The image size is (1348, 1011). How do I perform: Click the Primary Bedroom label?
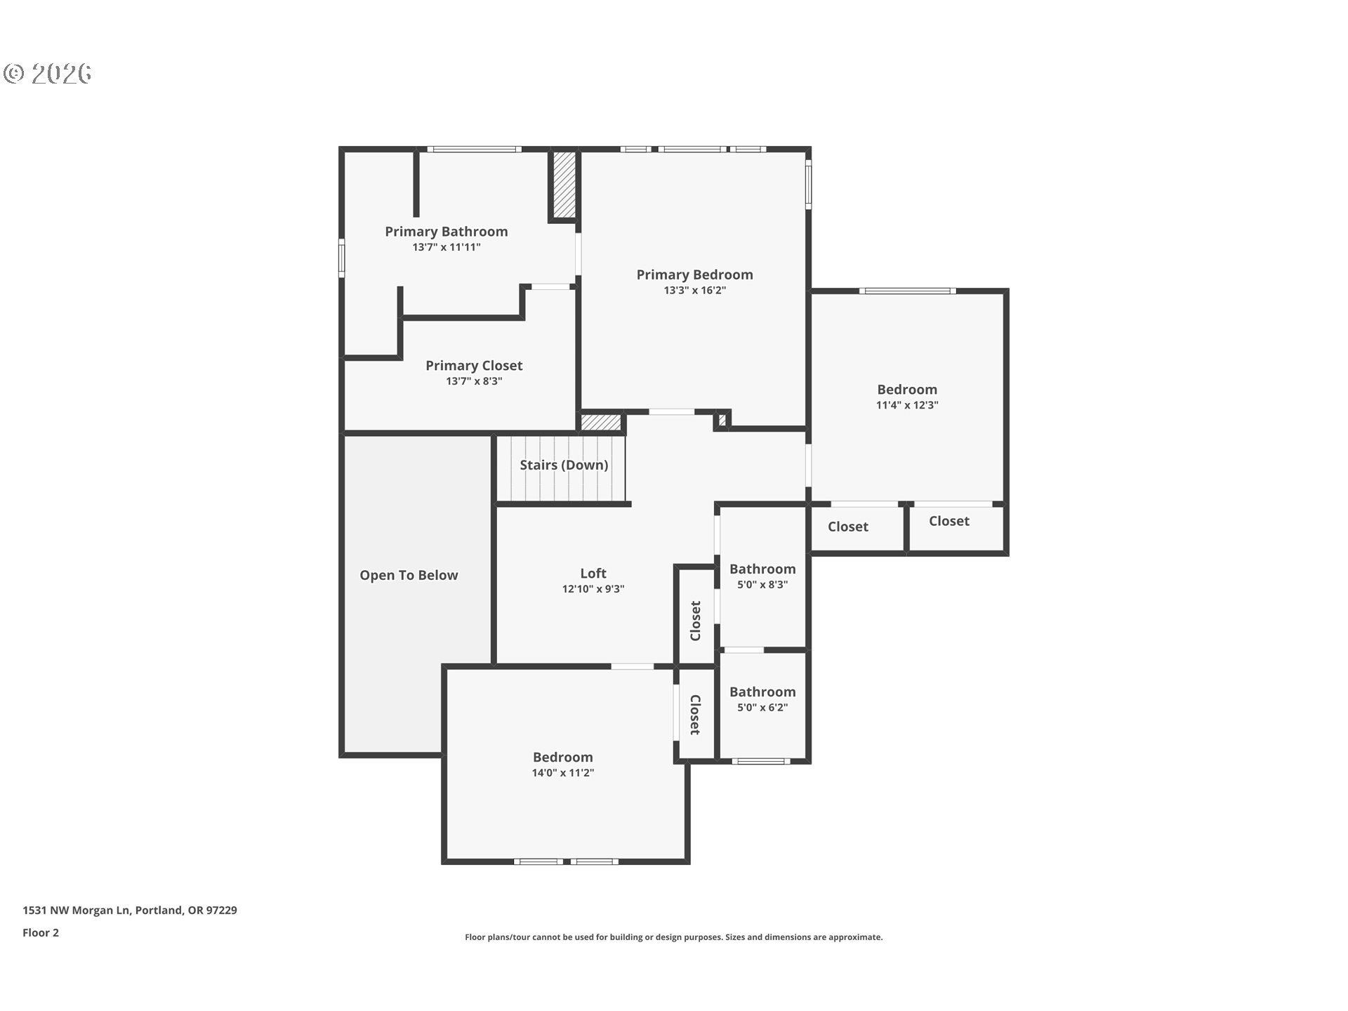(694, 275)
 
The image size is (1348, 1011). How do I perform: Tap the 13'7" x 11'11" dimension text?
(446, 247)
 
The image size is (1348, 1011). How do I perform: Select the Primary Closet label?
(474, 365)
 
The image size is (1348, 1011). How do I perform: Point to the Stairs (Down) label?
(563, 465)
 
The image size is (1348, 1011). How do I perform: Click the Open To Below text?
(409, 575)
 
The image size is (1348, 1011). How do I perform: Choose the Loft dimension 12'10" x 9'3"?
(593, 589)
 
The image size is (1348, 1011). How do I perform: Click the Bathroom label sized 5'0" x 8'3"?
(762, 569)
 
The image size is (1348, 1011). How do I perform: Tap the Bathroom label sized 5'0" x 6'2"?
(762, 692)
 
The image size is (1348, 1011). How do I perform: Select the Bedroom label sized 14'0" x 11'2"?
(562, 757)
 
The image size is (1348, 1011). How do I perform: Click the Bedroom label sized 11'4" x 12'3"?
(906, 389)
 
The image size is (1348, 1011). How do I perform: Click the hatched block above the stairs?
(601, 423)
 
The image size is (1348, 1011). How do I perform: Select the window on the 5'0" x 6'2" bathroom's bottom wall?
(761, 761)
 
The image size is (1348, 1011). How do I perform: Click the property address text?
(130, 910)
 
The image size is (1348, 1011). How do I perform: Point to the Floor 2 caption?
(41, 932)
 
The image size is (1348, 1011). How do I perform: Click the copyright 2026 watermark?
(48, 73)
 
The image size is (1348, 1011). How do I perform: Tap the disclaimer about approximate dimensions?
(673, 937)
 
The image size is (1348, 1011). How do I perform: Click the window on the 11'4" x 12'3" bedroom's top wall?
(906, 291)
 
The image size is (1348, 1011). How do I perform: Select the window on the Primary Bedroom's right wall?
(808, 184)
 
